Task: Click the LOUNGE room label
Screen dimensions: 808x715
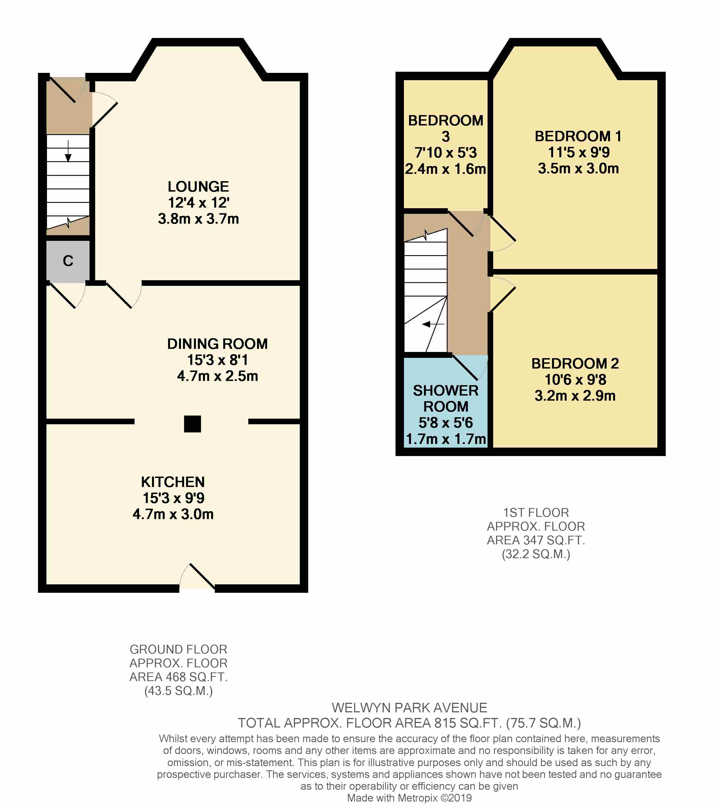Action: pos(198,187)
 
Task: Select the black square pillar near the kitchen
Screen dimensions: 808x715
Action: pos(192,424)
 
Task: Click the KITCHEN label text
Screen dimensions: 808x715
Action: pos(173,482)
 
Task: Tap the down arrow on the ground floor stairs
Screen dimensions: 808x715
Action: pos(68,152)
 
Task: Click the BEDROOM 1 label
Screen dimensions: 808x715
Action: pos(578,136)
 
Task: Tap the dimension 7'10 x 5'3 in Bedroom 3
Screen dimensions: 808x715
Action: pos(445,152)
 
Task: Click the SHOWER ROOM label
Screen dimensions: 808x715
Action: pos(446,398)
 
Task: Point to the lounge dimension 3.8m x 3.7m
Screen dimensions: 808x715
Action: pos(198,219)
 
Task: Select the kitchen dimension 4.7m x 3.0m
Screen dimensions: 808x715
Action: pos(173,514)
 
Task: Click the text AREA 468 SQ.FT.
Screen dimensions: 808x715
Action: pos(178,677)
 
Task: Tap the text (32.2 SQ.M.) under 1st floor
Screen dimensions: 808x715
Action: pos(536,554)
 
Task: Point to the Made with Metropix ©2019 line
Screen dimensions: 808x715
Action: pos(409,798)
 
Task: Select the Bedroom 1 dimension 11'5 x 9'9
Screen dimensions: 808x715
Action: pos(578,152)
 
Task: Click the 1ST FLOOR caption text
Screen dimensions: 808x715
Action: pos(536,513)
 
